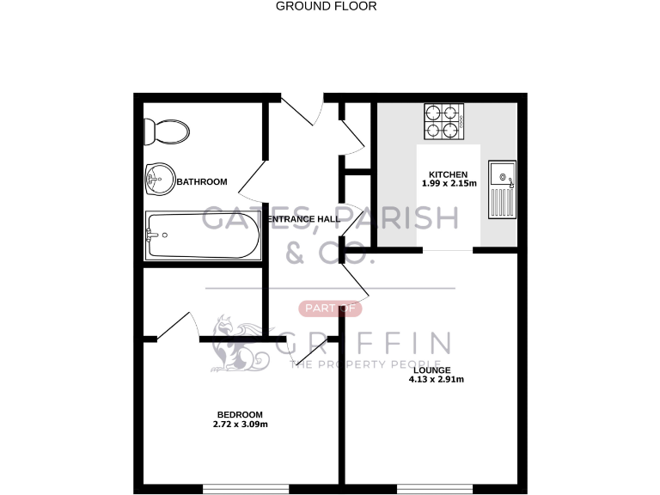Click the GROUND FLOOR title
326,6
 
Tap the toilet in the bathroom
167,131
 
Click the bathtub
202,235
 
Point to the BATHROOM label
202,182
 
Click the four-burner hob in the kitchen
443,121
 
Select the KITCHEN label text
448,173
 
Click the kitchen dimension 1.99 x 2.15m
449,183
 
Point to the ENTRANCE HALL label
302,219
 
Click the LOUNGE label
431,370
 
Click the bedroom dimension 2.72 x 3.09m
240,425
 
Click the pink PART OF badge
330,309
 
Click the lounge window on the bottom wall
431,489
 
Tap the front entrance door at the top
302,109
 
